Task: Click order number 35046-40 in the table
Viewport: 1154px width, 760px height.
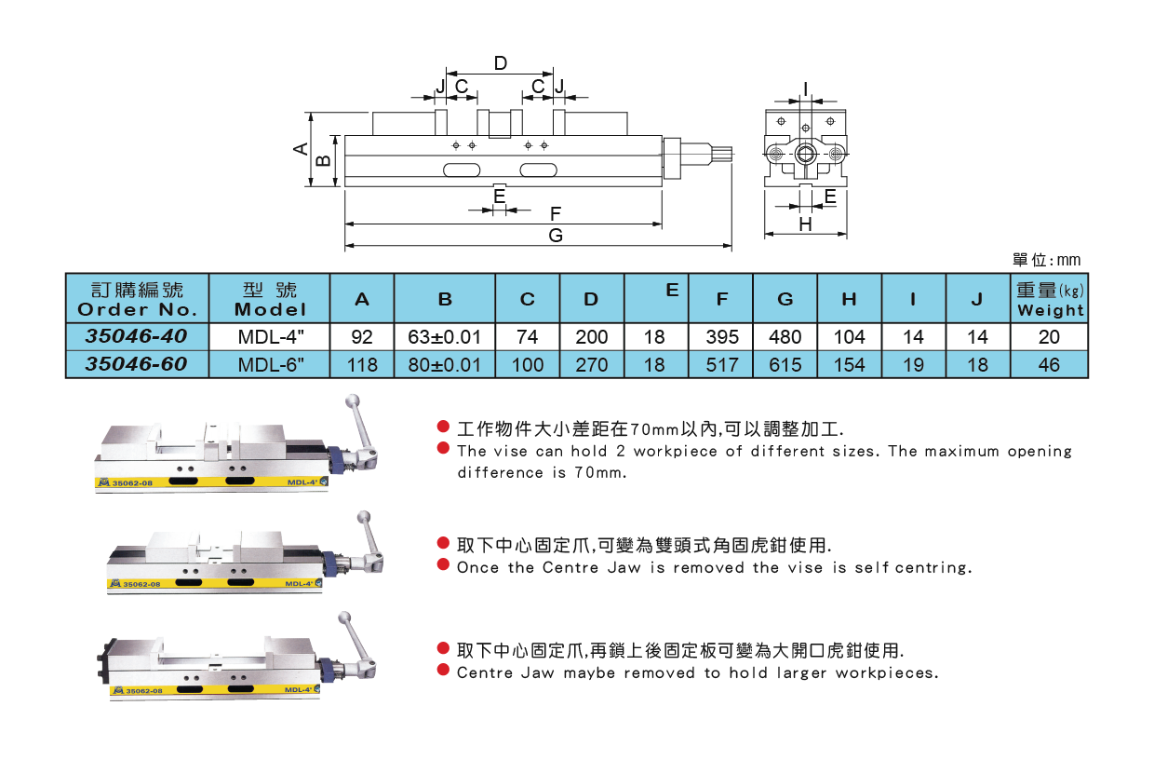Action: coord(137,335)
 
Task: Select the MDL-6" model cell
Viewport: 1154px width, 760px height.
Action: coord(270,364)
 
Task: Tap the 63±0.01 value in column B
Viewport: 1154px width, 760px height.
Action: coord(445,336)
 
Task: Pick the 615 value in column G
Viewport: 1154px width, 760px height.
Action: coord(785,364)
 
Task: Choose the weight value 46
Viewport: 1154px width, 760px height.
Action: coord(1049,364)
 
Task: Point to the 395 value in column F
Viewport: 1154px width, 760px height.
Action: coord(722,336)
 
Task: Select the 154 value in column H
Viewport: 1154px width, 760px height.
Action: coord(849,364)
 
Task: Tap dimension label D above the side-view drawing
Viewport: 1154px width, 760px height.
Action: coord(500,63)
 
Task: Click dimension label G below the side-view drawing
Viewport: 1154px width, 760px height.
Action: coord(556,236)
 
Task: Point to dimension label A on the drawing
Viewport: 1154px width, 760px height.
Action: coord(301,149)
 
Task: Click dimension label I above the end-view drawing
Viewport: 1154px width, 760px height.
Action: coord(806,89)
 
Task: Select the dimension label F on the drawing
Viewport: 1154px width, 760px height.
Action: coord(556,213)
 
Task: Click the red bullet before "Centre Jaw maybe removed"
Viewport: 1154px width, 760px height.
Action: coord(444,672)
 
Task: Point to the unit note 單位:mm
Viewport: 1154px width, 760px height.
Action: coord(1046,261)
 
